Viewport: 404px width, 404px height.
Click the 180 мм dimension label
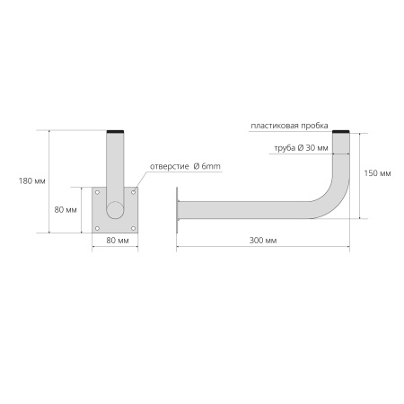pyautogui.click(x=32, y=181)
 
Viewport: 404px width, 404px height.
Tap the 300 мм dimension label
pyautogui.click(x=263, y=241)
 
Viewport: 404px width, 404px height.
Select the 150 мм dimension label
pyautogui.click(x=377, y=173)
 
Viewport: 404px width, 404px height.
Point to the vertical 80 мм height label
pyautogui.click(x=66, y=210)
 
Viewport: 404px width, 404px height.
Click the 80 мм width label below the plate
pyautogui.click(x=118, y=241)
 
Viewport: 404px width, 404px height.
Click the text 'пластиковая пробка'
pyautogui.click(x=289, y=126)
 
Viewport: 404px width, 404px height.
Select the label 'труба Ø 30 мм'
pyautogui.click(x=301, y=148)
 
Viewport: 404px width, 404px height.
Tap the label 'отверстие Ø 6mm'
pyautogui.click(x=185, y=166)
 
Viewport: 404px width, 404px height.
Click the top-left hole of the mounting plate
pyautogui.click(x=97, y=192)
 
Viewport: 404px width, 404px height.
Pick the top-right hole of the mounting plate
pyautogui.click(x=134, y=192)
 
